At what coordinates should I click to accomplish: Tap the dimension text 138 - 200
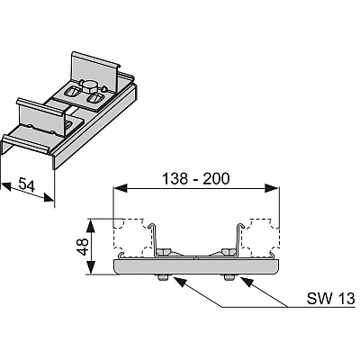tap(195, 179)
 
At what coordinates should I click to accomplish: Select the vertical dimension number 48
tap(83, 247)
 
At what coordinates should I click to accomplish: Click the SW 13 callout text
tap(330, 299)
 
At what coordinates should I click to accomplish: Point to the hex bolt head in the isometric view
tap(88, 87)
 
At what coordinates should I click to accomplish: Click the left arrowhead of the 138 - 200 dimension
tap(121, 188)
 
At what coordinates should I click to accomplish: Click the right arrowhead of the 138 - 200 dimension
tap(272, 188)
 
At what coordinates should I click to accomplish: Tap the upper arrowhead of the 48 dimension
tap(91, 226)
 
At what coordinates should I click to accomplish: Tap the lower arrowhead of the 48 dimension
tap(91, 267)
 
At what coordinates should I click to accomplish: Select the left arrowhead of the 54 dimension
tap(6, 186)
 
